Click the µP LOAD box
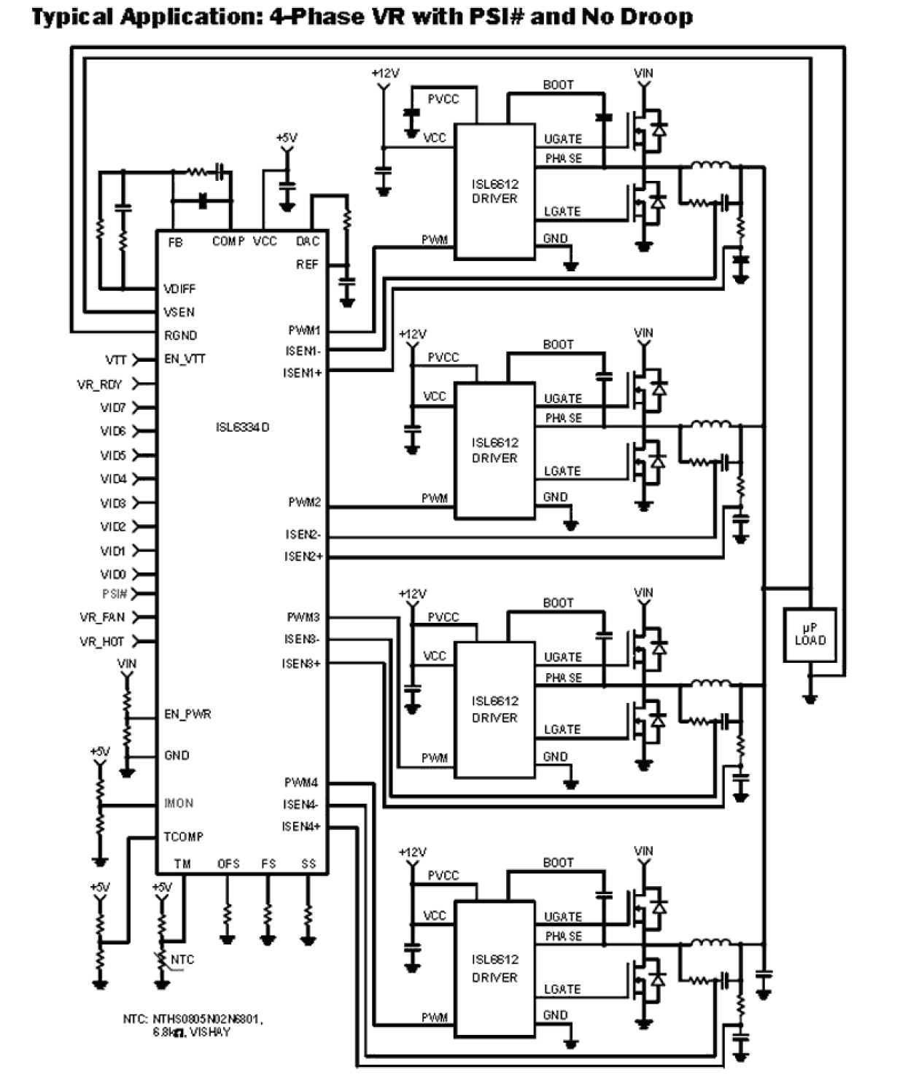(810, 634)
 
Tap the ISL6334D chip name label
(242, 427)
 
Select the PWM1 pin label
(304, 330)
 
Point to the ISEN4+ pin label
(301, 826)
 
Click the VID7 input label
(113, 408)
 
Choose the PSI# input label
(114, 594)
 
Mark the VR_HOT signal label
(102, 642)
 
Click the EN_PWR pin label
(187, 714)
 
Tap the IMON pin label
(179, 803)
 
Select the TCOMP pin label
(183, 837)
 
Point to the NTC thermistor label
(182, 960)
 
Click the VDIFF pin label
(179, 289)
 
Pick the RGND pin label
(180, 335)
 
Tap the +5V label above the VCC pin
(287, 137)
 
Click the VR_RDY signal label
(100, 384)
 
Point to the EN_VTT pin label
(185, 359)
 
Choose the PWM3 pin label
(303, 617)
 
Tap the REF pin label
(307, 264)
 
